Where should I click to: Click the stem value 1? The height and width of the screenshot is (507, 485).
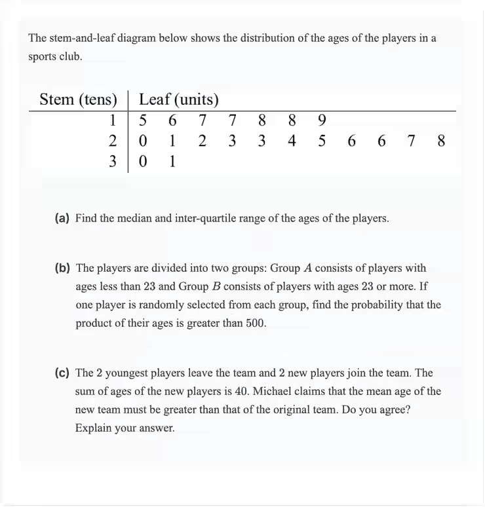pyautogui.click(x=113, y=121)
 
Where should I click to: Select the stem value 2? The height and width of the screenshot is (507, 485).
pyautogui.click(x=113, y=141)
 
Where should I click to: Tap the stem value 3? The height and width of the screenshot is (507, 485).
pyautogui.click(x=113, y=161)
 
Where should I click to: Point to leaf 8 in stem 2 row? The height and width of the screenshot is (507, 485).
pyautogui.click(x=440, y=141)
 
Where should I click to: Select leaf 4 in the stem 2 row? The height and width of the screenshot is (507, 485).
pyautogui.click(x=291, y=141)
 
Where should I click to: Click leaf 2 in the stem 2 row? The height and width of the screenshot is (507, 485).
pyautogui.click(x=203, y=141)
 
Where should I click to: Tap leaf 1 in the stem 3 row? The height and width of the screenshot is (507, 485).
pyautogui.click(x=172, y=161)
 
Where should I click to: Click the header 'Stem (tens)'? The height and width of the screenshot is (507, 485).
pyautogui.click(x=78, y=100)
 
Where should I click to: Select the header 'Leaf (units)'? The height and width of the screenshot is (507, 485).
pyautogui.click(x=179, y=100)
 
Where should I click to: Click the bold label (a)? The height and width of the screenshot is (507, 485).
pyautogui.click(x=63, y=218)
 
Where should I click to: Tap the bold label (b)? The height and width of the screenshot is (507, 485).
pyautogui.click(x=63, y=268)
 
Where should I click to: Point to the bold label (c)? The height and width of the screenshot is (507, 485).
pyautogui.click(x=63, y=373)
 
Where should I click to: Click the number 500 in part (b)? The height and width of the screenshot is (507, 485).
pyautogui.click(x=255, y=323)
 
